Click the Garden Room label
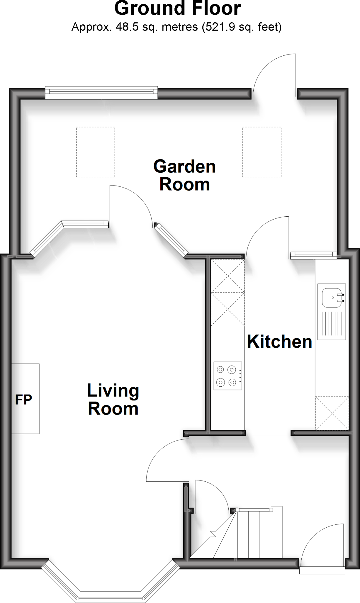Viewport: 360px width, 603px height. point(184,175)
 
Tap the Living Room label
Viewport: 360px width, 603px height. point(113,399)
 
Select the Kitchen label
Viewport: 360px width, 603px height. point(279,342)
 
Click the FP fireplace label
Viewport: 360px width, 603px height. point(24,400)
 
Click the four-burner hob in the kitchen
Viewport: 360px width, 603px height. point(228,376)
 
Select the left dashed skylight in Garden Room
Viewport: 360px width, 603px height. point(95,152)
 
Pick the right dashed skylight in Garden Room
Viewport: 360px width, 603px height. point(262,152)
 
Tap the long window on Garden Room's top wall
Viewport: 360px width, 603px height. point(101,92)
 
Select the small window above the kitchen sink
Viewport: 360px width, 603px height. point(313,255)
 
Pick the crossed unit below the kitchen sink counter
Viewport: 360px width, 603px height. point(332,413)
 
